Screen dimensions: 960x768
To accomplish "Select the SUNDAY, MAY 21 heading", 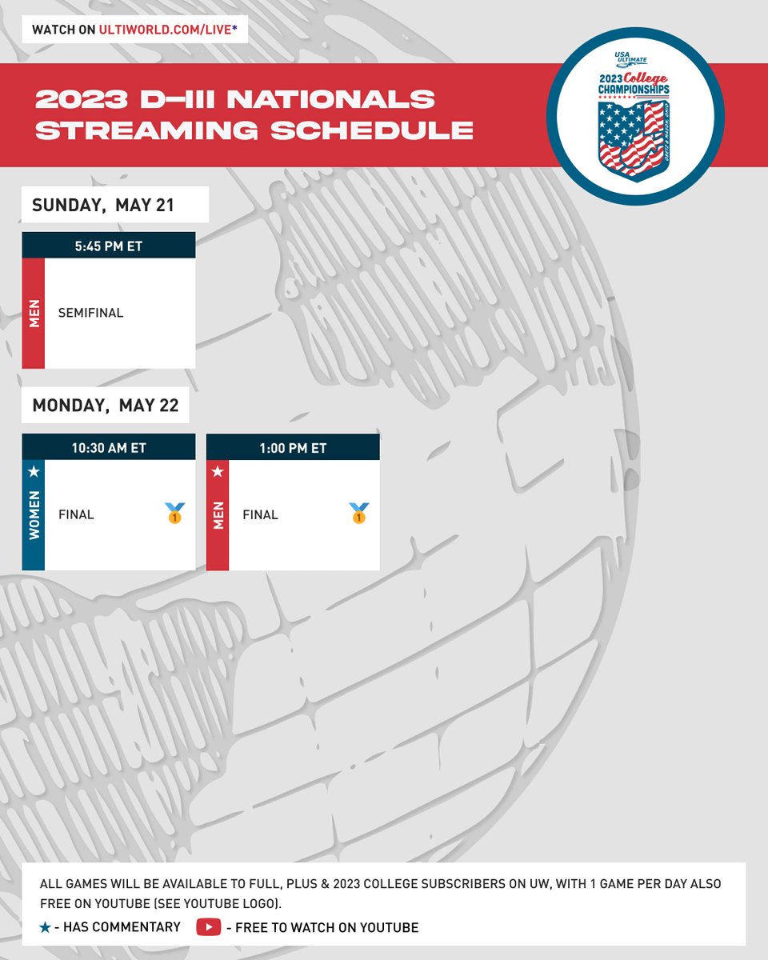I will [103, 205].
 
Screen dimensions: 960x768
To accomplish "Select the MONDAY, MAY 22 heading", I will [105, 406].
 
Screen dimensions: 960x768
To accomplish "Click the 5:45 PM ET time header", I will [109, 246].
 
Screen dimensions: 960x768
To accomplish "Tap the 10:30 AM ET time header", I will [109, 447].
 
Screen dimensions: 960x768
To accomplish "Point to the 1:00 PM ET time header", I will [293, 447].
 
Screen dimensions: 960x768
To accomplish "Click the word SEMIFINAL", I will [90, 313].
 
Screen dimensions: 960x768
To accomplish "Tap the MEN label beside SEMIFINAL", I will [34, 314].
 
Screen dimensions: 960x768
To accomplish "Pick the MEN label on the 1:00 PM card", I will [218, 515].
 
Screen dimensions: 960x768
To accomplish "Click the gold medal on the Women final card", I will [174, 514].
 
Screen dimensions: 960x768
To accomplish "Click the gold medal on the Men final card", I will [358, 514].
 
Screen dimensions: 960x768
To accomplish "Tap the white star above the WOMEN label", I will [34, 472].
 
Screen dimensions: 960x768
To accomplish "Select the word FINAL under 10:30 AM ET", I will [76, 514].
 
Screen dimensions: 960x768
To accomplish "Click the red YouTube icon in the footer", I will [208, 927].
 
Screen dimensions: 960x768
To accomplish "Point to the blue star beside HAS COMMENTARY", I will [46, 927].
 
